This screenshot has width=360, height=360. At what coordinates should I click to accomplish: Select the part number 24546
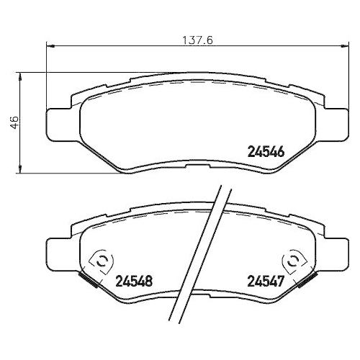(266, 152)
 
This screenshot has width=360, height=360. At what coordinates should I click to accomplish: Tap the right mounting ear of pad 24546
(330, 122)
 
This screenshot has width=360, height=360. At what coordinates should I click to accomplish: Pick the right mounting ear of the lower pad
(330, 252)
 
